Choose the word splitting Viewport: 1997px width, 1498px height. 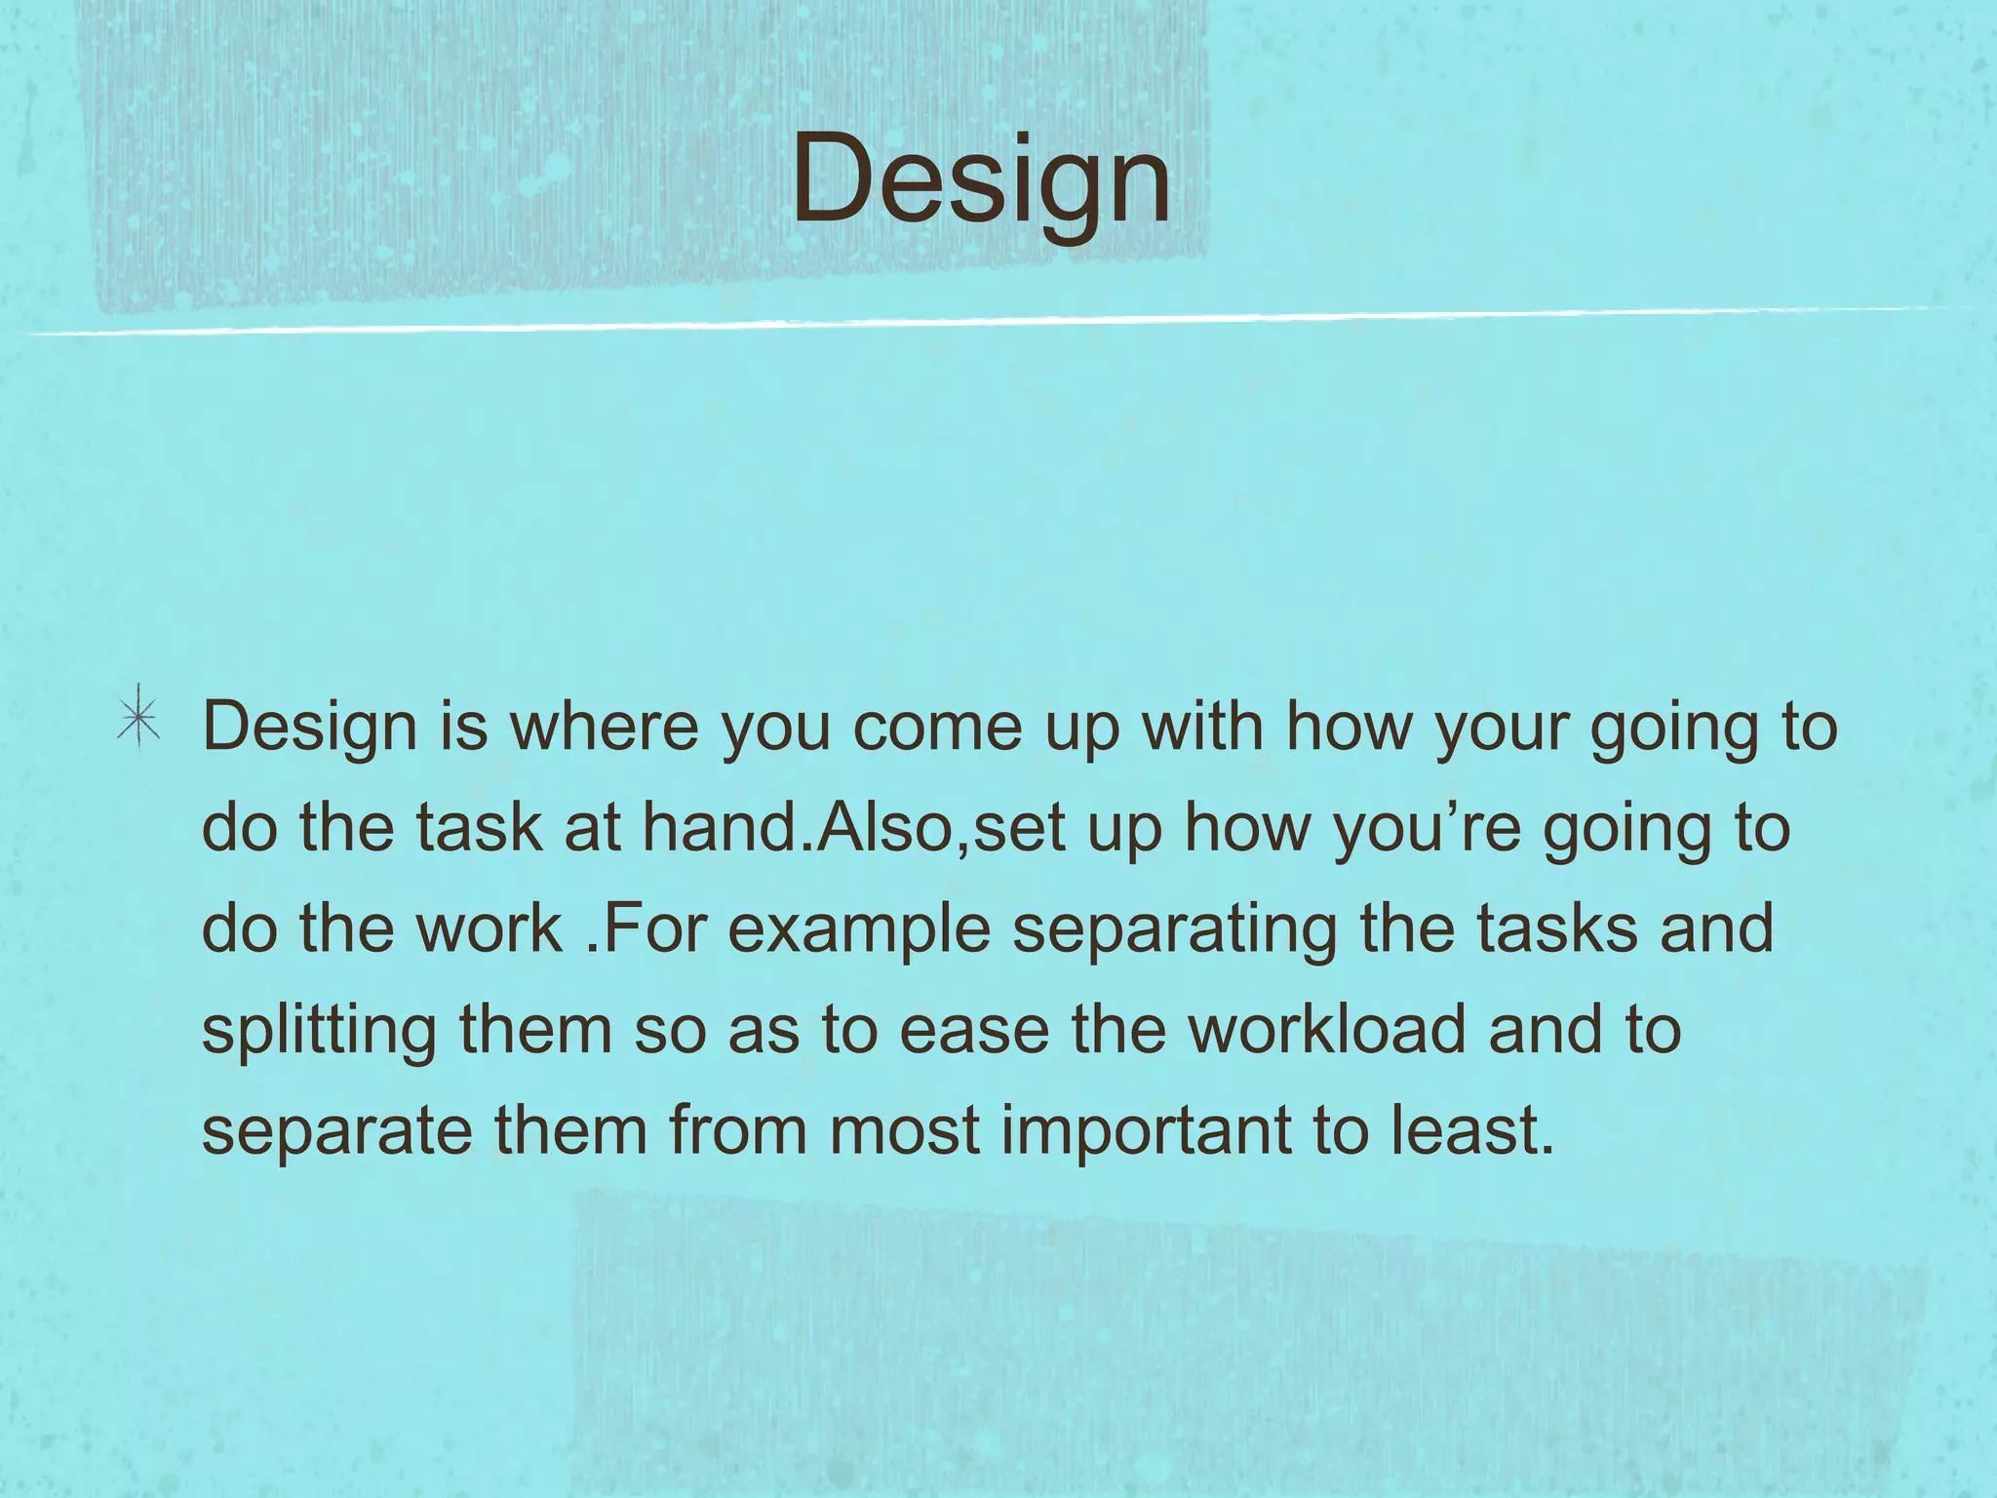(x=319, y=1032)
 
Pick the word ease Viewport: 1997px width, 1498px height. (x=974, y=1032)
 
